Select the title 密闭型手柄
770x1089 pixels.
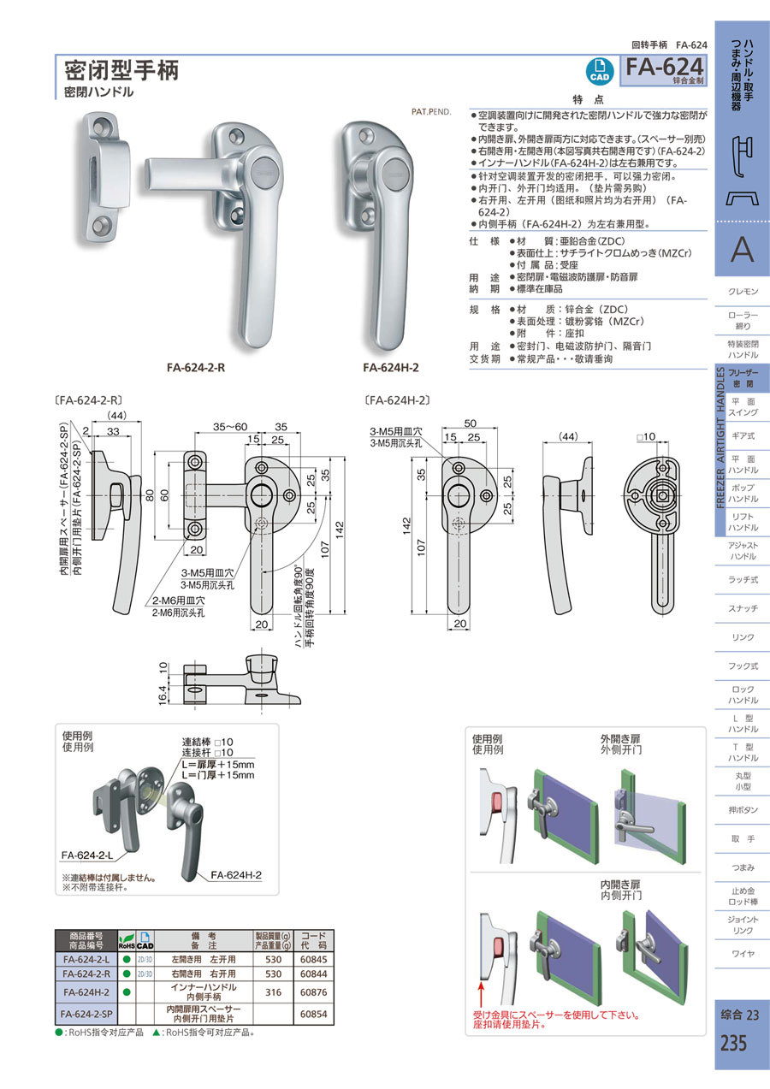(121, 69)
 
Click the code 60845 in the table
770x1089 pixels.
(314, 959)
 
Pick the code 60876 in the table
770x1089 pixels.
(314, 991)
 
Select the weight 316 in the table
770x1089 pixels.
(269, 991)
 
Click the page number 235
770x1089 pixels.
(733, 1044)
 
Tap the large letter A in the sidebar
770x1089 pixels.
(742, 250)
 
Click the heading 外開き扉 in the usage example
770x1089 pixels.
(620, 737)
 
